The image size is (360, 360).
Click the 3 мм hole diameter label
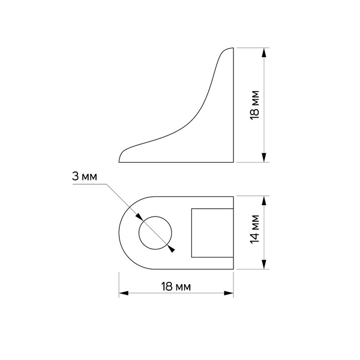click(84, 176)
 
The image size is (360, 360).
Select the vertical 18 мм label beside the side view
click(255, 105)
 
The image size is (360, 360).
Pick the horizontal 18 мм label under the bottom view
click(176, 286)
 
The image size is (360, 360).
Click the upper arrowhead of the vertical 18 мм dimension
click(264, 52)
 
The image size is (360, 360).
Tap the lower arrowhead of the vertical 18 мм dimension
click(264, 157)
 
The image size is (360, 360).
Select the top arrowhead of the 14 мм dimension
click(264, 201)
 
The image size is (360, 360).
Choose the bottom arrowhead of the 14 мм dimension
click(264, 264)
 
